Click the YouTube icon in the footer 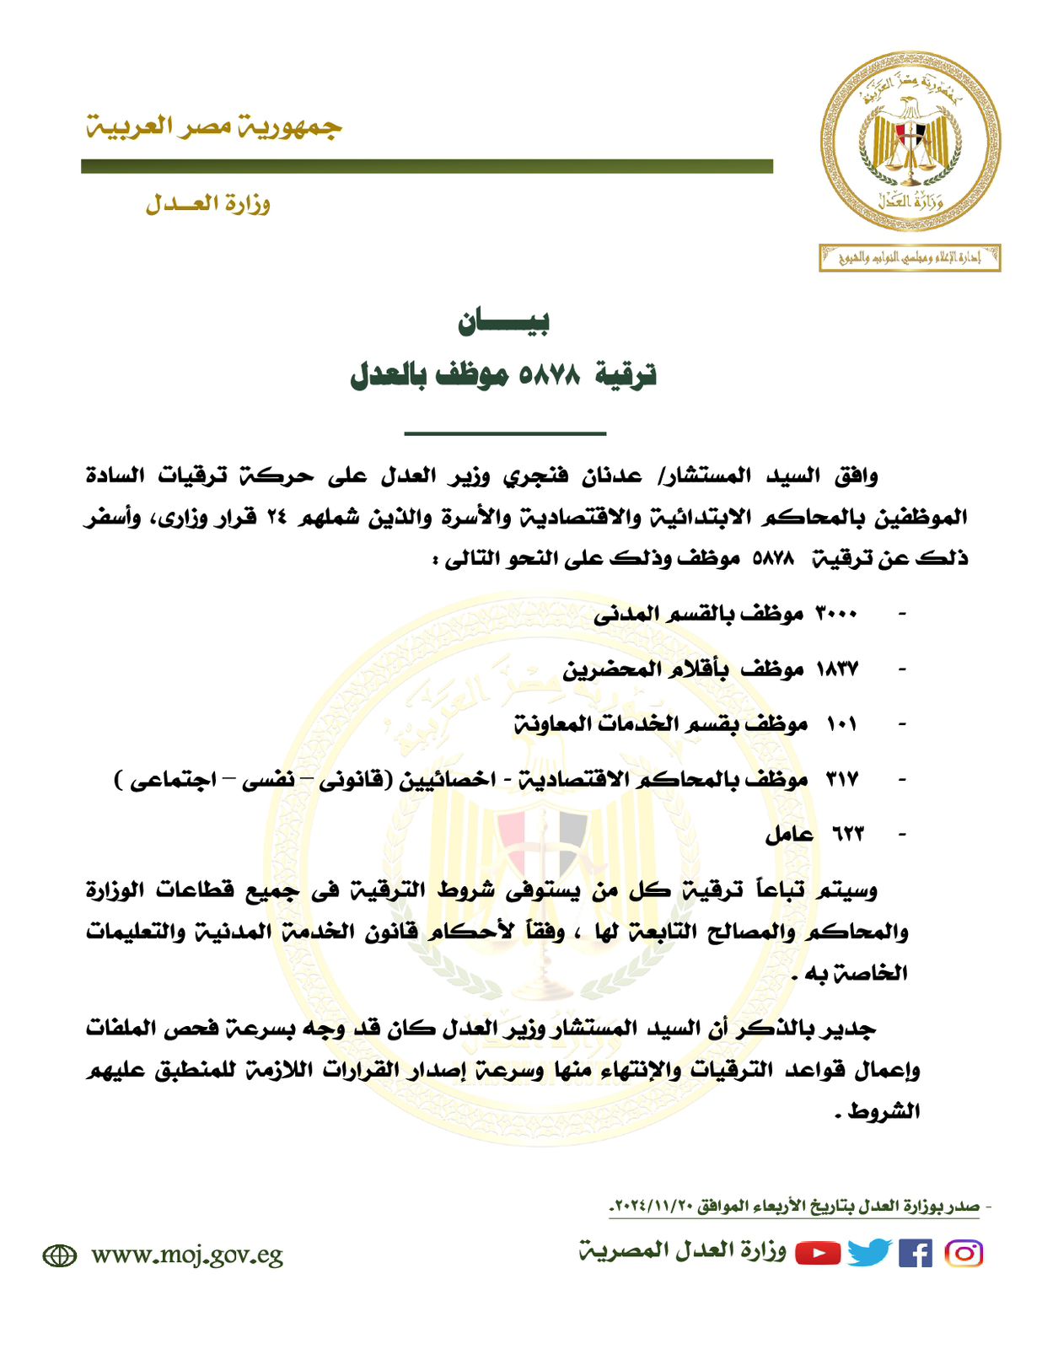tap(818, 1254)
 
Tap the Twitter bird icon tap(869, 1253)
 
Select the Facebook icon tap(916, 1254)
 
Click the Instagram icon tap(964, 1254)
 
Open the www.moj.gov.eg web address tap(187, 1255)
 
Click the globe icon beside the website tap(59, 1255)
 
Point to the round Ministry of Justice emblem tap(910, 141)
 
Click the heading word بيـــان tap(504, 321)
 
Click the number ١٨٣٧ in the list tap(836, 669)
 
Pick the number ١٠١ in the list tap(841, 723)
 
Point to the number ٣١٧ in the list tap(841, 778)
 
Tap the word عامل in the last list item tap(789, 834)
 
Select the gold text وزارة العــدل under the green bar tap(207, 203)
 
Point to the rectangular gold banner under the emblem tap(910, 258)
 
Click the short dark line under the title tap(505, 433)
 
